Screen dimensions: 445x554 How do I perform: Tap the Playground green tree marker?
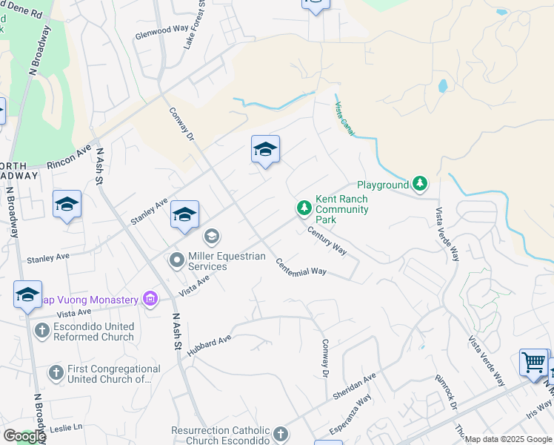tap(420, 183)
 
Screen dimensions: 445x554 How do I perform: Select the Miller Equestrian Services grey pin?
tap(177, 260)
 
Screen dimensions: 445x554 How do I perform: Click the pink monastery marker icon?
tap(150, 300)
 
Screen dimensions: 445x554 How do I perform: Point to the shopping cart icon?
tap(533, 362)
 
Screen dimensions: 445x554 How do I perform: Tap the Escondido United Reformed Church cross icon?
tap(41, 331)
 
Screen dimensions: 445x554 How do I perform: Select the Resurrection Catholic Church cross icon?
tap(280, 435)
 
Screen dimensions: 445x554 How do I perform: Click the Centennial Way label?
tap(301, 266)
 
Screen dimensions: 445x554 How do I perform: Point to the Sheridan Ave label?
tap(355, 386)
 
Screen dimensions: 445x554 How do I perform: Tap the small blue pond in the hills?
tap(442, 85)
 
